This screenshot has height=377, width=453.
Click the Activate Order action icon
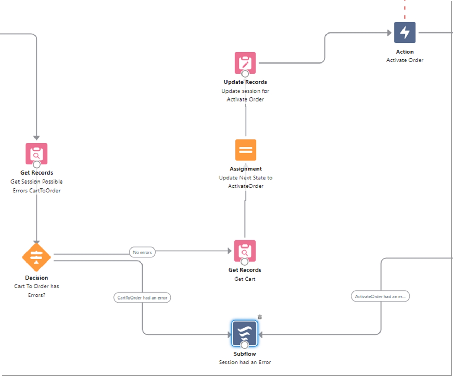click(x=405, y=32)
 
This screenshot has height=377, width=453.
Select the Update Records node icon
click(x=245, y=62)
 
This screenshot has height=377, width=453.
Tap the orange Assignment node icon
click(x=246, y=150)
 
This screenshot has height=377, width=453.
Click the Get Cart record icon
click(x=245, y=250)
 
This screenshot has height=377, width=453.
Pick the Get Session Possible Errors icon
click(x=36, y=154)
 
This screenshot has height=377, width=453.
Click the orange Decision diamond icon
click(x=36, y=257)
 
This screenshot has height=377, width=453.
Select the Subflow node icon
click(x=245, y=333)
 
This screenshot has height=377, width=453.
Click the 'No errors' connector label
click(x=142, y=252)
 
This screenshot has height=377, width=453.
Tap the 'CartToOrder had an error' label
click(x=142, y=298)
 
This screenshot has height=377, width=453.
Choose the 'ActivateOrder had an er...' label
click(x=380, y=296)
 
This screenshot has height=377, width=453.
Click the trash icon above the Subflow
click(x=260, y=317)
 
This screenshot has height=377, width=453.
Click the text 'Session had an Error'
click(x=245, y=362)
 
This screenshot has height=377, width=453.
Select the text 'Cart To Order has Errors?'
click(x=36, y=290)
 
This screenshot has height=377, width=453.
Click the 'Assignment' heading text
click(x=246, y=169)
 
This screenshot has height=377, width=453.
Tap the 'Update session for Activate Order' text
click(x=245, y=95)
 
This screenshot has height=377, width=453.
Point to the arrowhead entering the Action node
click(x=389, y=33)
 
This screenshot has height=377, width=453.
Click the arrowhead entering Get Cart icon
click(x=229, y=251)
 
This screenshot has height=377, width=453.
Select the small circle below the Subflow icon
click(x=245, y=345)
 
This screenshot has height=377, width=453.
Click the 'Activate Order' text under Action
click(x=405, y=60)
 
